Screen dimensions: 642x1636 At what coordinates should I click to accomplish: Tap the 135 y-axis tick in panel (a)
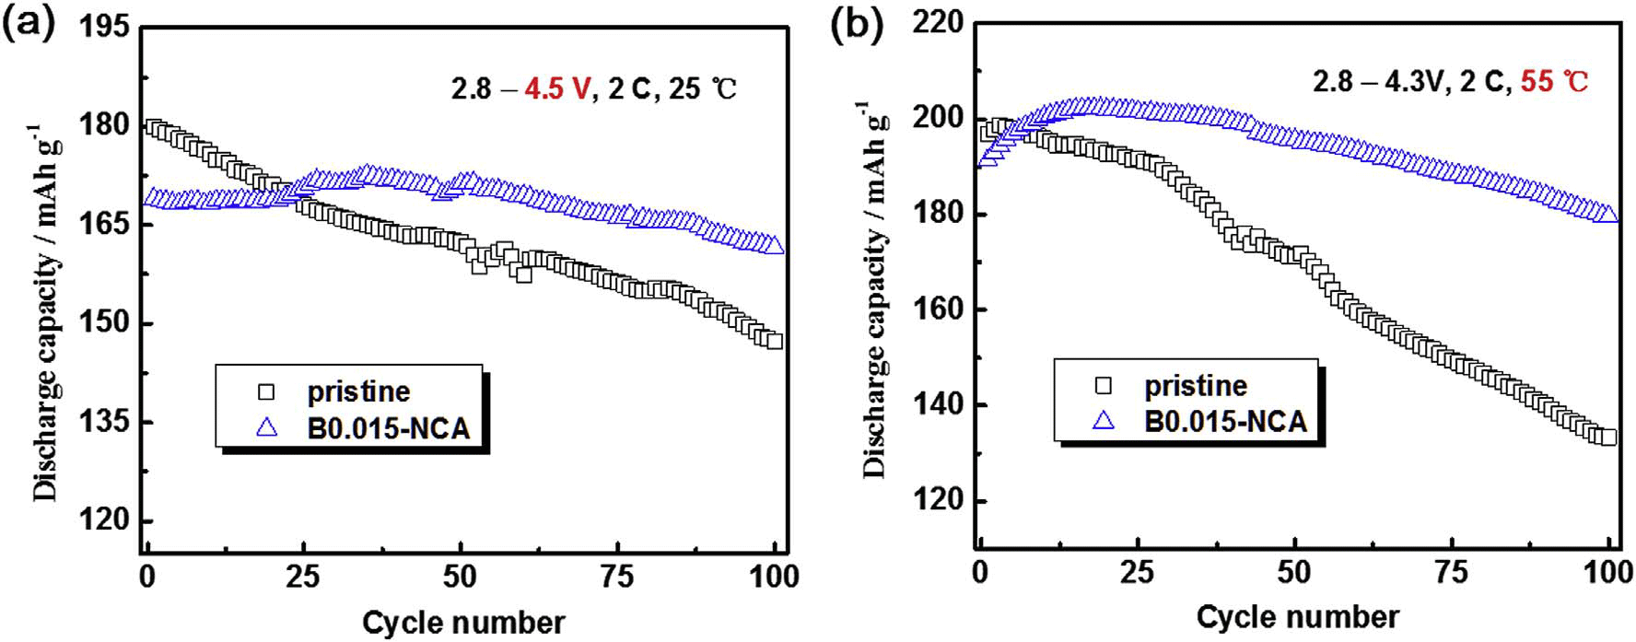104,422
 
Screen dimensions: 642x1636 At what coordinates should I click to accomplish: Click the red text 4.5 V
556,89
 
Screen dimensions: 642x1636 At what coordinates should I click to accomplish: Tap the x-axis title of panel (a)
463,623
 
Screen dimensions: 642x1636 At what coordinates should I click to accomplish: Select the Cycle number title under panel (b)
1297,616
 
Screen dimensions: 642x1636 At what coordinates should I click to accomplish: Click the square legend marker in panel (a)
266,391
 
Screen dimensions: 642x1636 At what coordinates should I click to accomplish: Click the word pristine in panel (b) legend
1195,386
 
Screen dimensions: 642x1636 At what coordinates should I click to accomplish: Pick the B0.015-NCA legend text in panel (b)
1225,422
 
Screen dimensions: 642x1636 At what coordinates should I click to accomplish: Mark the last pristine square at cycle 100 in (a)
775,341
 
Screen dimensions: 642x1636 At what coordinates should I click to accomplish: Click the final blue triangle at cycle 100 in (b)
1608,214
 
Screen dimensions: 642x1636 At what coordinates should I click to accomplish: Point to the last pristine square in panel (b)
1608,437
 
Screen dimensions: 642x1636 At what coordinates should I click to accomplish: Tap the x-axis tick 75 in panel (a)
616,578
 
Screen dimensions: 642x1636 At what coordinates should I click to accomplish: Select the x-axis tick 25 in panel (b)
1137,573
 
